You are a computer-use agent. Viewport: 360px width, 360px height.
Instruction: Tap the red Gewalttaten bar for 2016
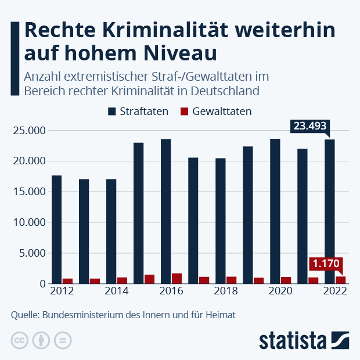[177, 278]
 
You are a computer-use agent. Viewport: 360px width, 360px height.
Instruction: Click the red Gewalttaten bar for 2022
[340, 280]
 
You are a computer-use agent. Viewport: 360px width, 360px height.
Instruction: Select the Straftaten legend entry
[138, 111]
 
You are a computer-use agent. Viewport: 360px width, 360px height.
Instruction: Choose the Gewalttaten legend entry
[215, 111]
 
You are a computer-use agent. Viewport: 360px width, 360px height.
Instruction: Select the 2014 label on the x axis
[116, 291]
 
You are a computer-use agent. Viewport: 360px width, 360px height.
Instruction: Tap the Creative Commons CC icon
[20, 340]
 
